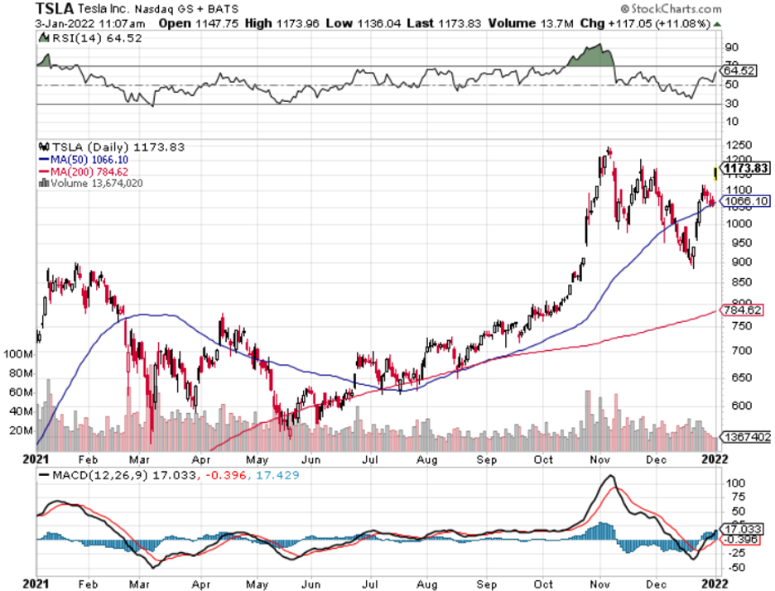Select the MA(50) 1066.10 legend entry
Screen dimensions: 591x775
tap(83, 160)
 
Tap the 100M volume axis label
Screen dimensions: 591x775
tap(19, 353)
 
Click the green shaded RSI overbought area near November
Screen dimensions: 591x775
tap(593, 57)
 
